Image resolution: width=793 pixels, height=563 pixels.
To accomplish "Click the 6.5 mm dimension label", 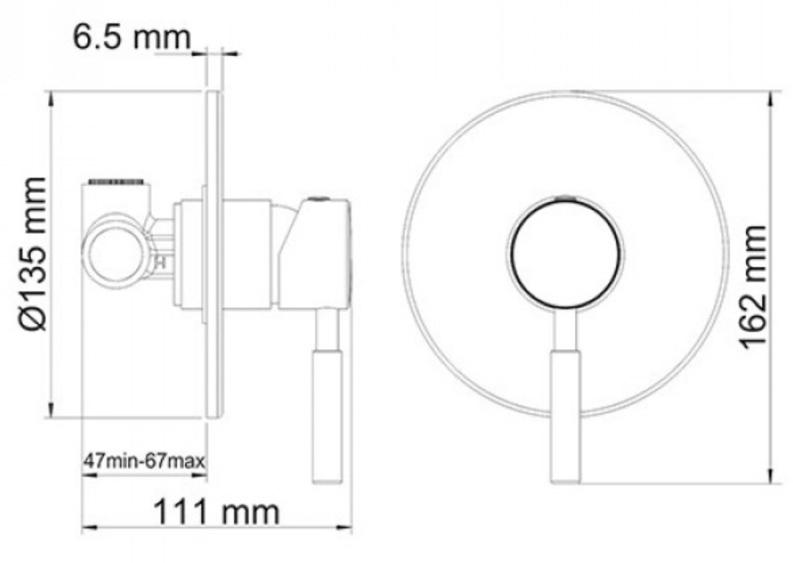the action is pyautogui.click(x=133, y=37).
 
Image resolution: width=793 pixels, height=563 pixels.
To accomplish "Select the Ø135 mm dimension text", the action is pyautogui.click(x=34, y=254).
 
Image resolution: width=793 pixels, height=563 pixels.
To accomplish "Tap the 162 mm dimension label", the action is pyautogui.click(x=753, y=287).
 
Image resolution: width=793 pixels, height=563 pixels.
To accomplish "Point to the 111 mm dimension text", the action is pyautogui.click(x=216, y=512).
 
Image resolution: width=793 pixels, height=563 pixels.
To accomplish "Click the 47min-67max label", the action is pyautogui.click(x=145, y=461).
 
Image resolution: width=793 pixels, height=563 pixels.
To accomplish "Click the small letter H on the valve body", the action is pyautogui.click(x=162, y=262).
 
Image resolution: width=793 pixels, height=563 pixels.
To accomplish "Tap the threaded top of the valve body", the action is pyautogui.click(x=117, y=181).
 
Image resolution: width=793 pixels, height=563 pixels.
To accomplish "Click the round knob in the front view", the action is pyautogui.click(x=566, y=253).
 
